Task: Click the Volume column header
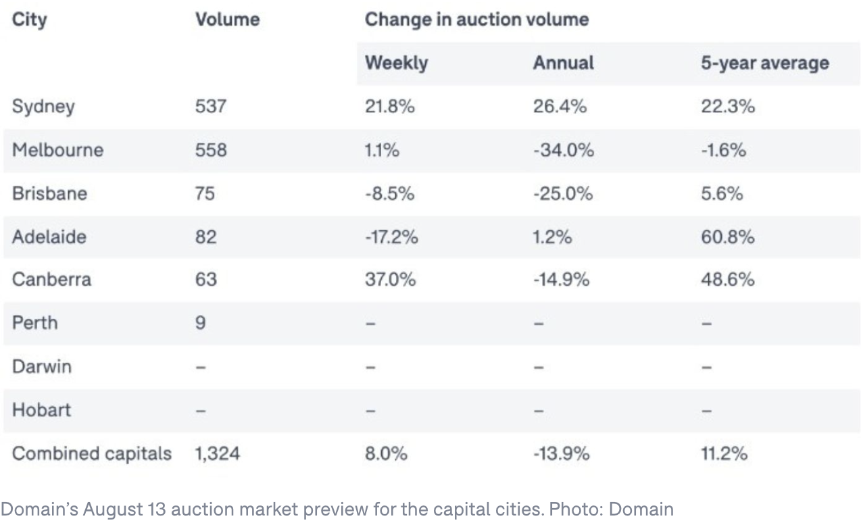(x=227, y=20)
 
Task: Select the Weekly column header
(x=396, y=63)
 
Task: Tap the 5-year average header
(x=765, y=63)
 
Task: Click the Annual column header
(x=563, y=63)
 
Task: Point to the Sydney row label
(x=43, y=107)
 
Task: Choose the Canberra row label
(x=51, y=279)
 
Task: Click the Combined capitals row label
(x=92, y=453)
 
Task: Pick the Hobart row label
(x=41, y=410)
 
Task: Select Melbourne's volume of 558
(x=211, y=149)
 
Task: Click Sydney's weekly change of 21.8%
(x=389, y=107)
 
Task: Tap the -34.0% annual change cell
(x=563, y=149)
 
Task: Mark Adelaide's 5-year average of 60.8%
(x=728, y=236)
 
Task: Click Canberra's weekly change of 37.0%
(x=390, y=279)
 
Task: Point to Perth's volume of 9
(x=200, y=323)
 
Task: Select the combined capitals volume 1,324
(x=217, y=453)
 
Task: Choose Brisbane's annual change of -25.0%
(x=562, y=193)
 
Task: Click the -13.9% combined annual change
(x=561, y=453)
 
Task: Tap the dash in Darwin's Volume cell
(x=201, y=367)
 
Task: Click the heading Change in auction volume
(x=476, y=20)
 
